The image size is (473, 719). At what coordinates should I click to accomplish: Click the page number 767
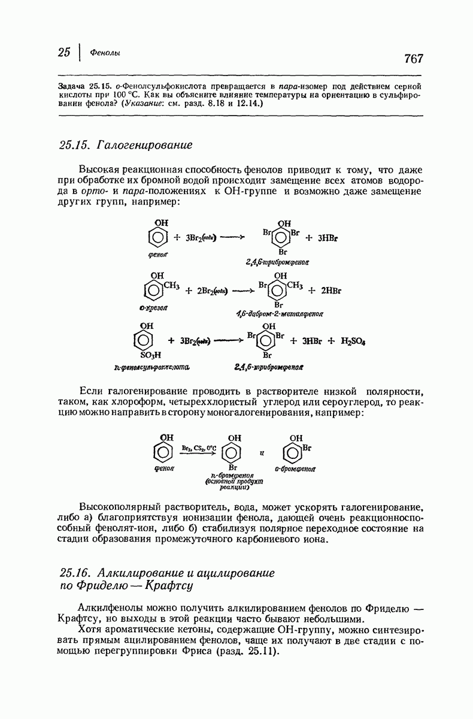click(414, 58)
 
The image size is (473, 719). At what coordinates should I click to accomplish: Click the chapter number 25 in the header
click(65, 52)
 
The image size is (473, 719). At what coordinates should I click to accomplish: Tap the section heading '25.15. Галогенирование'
click(126, 145)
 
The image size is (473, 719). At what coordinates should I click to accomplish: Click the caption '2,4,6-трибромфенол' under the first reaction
click(280, 262)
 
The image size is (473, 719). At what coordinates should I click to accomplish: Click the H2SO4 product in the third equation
click(353, 341)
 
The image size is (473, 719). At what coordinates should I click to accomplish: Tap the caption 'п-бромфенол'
click(231, 475)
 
